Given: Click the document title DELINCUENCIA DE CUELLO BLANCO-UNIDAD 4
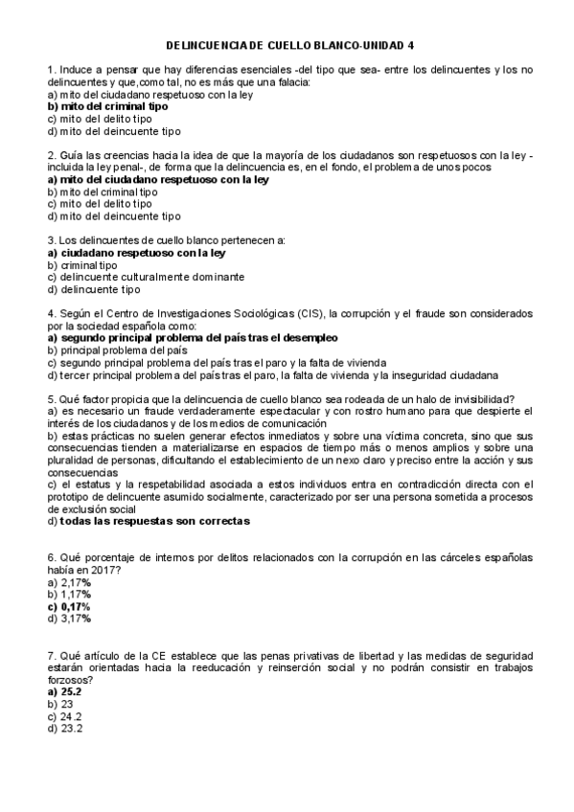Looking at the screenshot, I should (x=291, y=44).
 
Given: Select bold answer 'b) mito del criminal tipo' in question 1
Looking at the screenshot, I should (x=107, y=107).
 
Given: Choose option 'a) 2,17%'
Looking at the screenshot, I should (x=68, y=581).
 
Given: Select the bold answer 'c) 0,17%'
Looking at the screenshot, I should (x=68, y=606).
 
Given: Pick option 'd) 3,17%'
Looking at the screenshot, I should (x=68, y=619).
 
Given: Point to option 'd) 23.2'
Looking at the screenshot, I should (x=65, y=729).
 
